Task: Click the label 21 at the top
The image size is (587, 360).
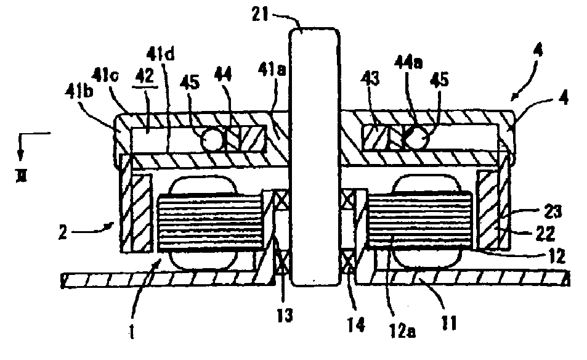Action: [267, 14]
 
